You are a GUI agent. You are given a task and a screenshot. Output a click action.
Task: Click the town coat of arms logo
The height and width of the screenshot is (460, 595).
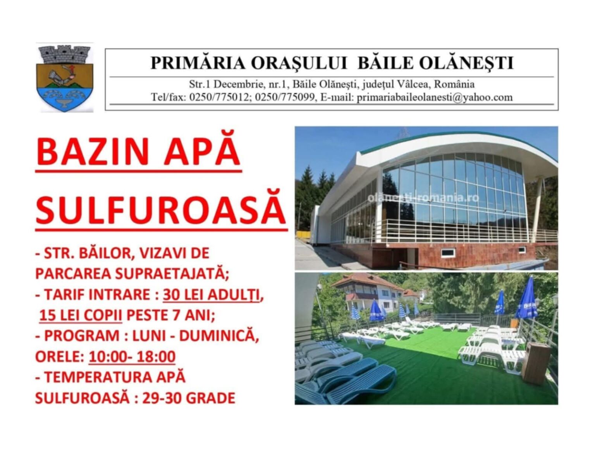[x=65, y=78]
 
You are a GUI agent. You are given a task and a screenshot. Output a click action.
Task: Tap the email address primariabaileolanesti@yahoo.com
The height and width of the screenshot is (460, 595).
[x=435, y=98]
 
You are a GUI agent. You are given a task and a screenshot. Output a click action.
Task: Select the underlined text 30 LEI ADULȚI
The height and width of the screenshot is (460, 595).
[x=212, y=295]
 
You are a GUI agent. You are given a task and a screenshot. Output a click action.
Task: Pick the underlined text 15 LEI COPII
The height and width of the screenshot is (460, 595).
[x=81, y=315]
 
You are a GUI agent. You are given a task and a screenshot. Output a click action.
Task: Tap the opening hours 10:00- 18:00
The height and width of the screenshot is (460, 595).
[x=132, y=357]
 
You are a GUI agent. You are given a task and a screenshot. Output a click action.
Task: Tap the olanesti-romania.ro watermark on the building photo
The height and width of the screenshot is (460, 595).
[x=423, y=197]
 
